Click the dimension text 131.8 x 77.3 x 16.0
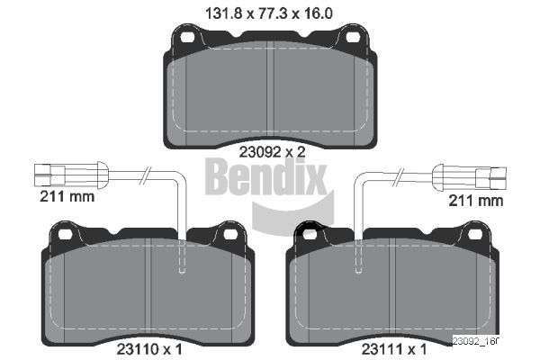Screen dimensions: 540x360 (x=269, y=13)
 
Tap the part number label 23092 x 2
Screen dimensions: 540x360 (x=272, y=152)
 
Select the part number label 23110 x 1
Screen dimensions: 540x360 (x=149, y=349)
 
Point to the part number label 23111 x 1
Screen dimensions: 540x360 (x=394, y=349)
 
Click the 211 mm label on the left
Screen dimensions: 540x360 (x=67, y=197)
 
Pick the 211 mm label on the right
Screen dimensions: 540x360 (x=476, y=201)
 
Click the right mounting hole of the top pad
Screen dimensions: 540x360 (x=353, y=37)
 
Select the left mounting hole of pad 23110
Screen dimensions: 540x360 (x=65, y=235)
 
